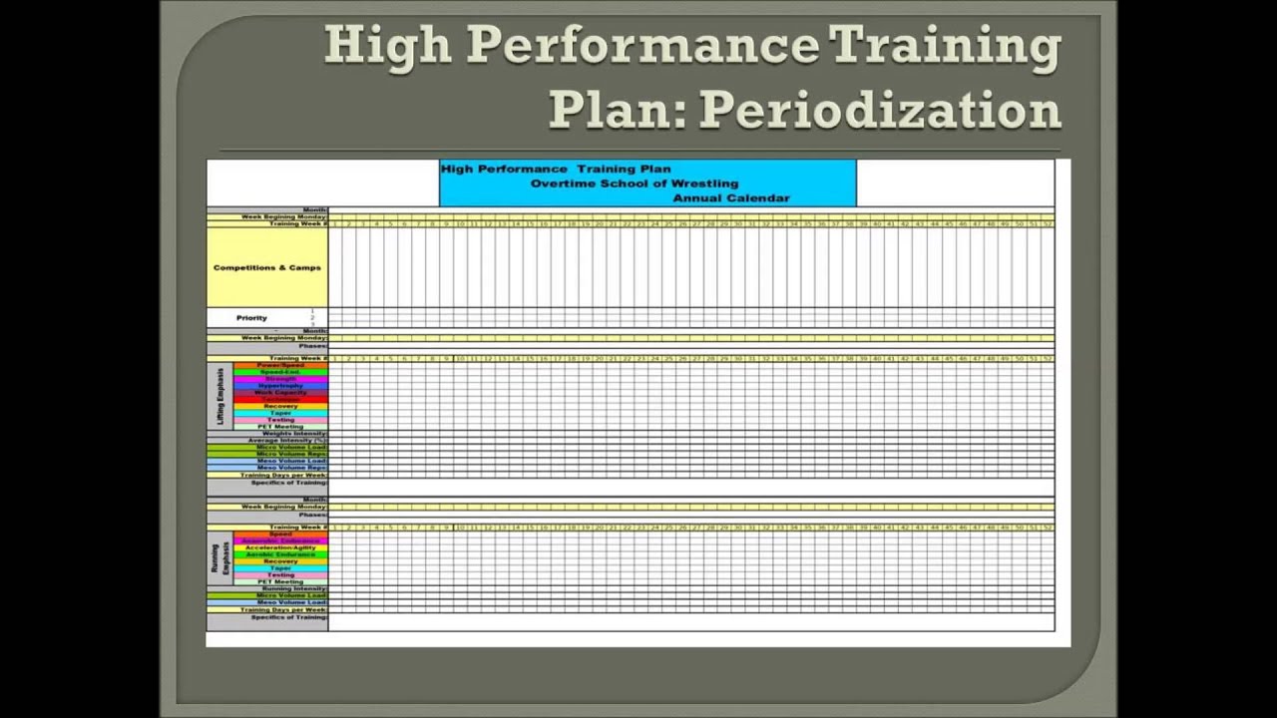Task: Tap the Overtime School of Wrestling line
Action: pos(635,183)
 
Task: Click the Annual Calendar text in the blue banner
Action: pos(731,198)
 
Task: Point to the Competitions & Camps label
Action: pos(267,267)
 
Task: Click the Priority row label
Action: pos(251,318)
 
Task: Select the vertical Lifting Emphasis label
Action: pos(221,396)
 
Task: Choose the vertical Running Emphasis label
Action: pos(220,558)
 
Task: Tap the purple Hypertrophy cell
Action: pos(280,386)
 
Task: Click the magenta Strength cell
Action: pos(280,379)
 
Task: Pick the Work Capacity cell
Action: pos(280,393)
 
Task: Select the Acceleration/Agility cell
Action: pos(280,547)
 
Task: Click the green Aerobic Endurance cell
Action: pos(280,554)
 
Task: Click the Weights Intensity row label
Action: pos(294,434)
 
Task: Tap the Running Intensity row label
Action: pos(294,589)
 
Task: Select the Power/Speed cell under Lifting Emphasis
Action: pos(280,365)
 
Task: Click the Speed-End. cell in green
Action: pos(280,372)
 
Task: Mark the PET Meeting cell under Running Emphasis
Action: pos(280,582)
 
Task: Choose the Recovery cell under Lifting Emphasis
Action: pos(280,406)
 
